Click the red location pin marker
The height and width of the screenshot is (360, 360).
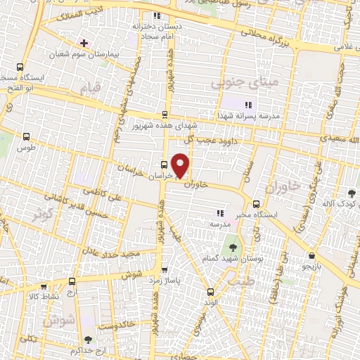[x=181, y=165]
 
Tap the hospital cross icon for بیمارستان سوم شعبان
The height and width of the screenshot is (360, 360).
[x=84, y=43]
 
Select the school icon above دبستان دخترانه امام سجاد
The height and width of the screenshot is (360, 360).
[x=157, y=15]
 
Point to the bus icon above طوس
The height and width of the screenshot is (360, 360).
[x=27, y=137]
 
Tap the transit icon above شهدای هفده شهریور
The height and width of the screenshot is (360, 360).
[x=165, y=115]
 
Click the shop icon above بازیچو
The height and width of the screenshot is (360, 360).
[x=311, y=256]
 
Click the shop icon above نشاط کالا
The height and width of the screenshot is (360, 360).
[x=44, y=287]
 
